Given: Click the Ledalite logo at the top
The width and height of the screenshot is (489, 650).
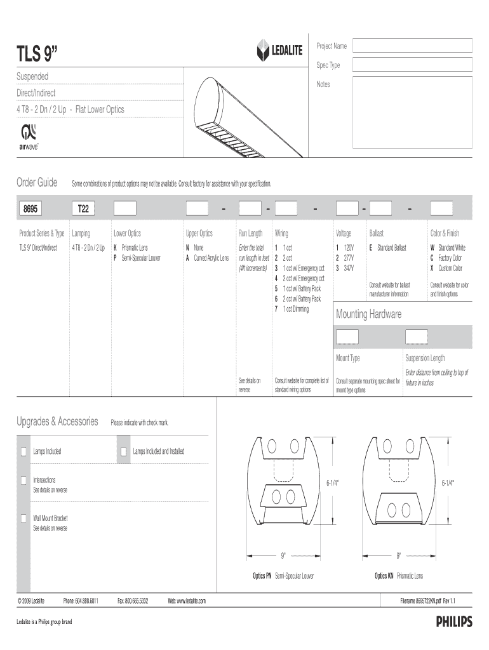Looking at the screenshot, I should [x=279, y=52].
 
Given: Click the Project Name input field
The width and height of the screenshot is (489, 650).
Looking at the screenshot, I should [x=412, y=46].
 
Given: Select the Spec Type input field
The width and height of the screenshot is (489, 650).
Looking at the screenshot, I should [x=412, y=65].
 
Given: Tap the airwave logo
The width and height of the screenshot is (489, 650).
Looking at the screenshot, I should [x=29, y=136].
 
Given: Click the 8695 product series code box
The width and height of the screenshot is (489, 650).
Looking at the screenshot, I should [x=30, y=208].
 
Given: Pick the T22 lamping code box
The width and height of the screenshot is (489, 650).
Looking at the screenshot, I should [x=83, y=208].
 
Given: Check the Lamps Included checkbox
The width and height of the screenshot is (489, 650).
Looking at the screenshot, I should [x=24, y=451].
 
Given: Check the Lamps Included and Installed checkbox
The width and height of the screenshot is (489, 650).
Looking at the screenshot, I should [x=124, y=451].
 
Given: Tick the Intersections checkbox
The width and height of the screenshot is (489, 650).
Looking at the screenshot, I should [x=24, y=481].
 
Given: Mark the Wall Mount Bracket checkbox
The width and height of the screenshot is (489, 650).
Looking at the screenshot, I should [x=24, y=519].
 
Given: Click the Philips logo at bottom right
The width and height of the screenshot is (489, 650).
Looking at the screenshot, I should [x=453, y=622].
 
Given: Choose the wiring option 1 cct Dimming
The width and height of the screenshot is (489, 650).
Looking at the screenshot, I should [x=291, y=309].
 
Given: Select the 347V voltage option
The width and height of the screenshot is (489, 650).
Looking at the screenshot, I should [x=345, y=269].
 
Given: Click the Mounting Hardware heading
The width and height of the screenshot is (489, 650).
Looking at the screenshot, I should [x=368, y=315].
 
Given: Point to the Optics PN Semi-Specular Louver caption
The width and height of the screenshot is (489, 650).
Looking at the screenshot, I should [x=283, y=576].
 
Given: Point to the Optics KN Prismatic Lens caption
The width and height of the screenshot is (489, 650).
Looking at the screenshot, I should [x=399, y=576].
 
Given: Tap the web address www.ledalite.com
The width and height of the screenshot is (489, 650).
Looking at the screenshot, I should [x=187, y=600].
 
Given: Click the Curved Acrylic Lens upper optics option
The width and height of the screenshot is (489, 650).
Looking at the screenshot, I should [x=207, y=258].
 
